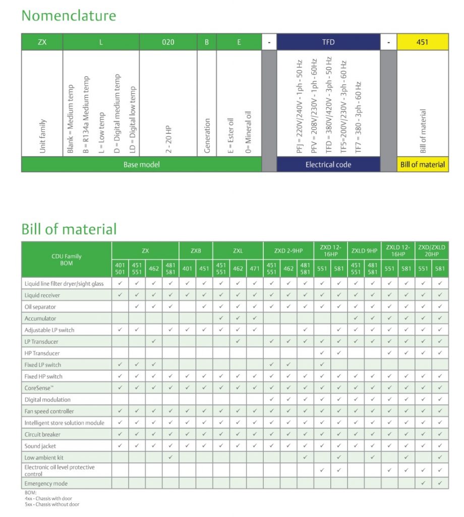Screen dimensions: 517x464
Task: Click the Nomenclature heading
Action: (69, 16)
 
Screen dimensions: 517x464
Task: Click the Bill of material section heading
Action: (69, 229)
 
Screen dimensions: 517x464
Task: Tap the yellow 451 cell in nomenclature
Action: (422, 42)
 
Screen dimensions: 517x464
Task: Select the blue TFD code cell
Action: (328, 42)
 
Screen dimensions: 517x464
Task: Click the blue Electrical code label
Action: (328, 165)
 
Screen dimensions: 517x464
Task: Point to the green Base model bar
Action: (141, 165)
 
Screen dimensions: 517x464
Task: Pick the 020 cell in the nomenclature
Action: (168, 42)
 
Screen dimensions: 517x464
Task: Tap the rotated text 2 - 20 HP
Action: (168, 134)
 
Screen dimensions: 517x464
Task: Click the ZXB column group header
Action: (196, 250)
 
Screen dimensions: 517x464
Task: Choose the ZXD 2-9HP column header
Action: (288, 250)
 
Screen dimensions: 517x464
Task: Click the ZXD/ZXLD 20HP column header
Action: (431, 250)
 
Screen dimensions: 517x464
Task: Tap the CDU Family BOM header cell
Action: (67, 260)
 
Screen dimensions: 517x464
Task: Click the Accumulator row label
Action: (40, 319)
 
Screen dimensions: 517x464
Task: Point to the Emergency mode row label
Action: (46, 483)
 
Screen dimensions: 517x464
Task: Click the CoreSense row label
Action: (40, 388)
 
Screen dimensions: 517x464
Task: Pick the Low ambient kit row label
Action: (44, 458)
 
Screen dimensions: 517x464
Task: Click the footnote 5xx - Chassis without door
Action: (52, 504)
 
